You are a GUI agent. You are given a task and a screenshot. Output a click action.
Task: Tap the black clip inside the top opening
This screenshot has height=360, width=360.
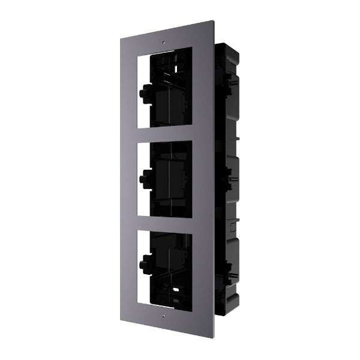coord(145,94)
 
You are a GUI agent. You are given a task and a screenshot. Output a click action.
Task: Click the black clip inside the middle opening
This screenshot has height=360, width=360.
coord(145,177)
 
